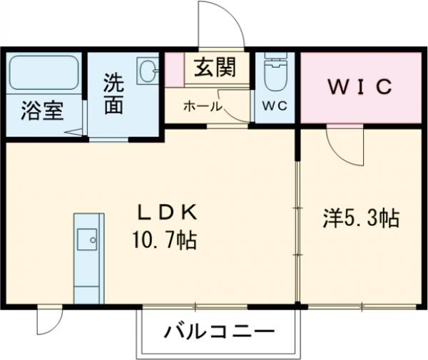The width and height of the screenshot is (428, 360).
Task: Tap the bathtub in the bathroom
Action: (x=43, y=73)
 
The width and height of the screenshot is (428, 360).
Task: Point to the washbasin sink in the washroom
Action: (x=148, y=71)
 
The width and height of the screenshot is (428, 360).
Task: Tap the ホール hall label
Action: (x=203, y=107)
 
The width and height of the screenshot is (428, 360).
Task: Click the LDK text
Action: (x=175, y=212)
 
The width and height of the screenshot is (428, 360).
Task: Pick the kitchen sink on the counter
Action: (x=88, y=240)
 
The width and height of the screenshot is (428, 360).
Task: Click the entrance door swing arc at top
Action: (x=223, y=25)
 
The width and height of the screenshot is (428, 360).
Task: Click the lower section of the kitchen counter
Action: (x=88, y=289)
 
